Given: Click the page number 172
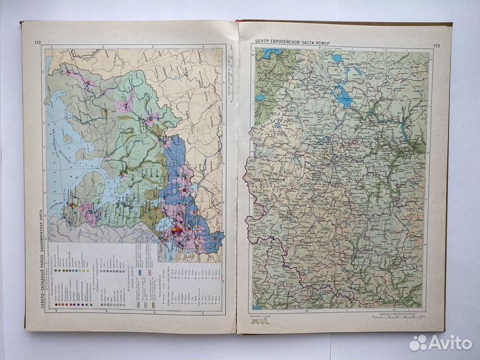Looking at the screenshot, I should pos(37,44).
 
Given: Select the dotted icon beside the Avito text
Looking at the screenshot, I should pos(417,343).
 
